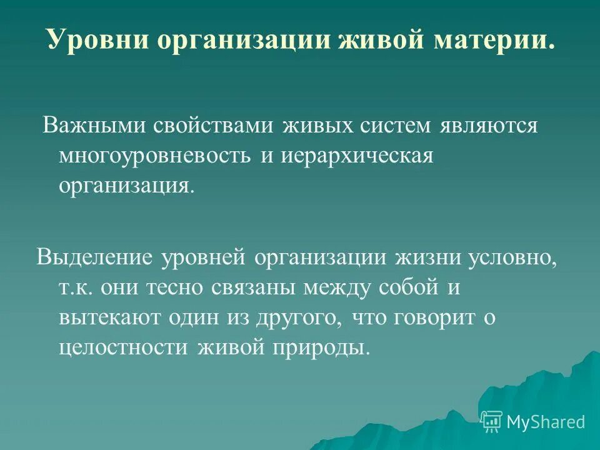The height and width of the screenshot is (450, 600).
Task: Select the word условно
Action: pos(524,256)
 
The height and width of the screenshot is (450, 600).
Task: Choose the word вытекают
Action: pos(109,317)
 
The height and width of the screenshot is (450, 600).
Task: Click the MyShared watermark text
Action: pos(546,422)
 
